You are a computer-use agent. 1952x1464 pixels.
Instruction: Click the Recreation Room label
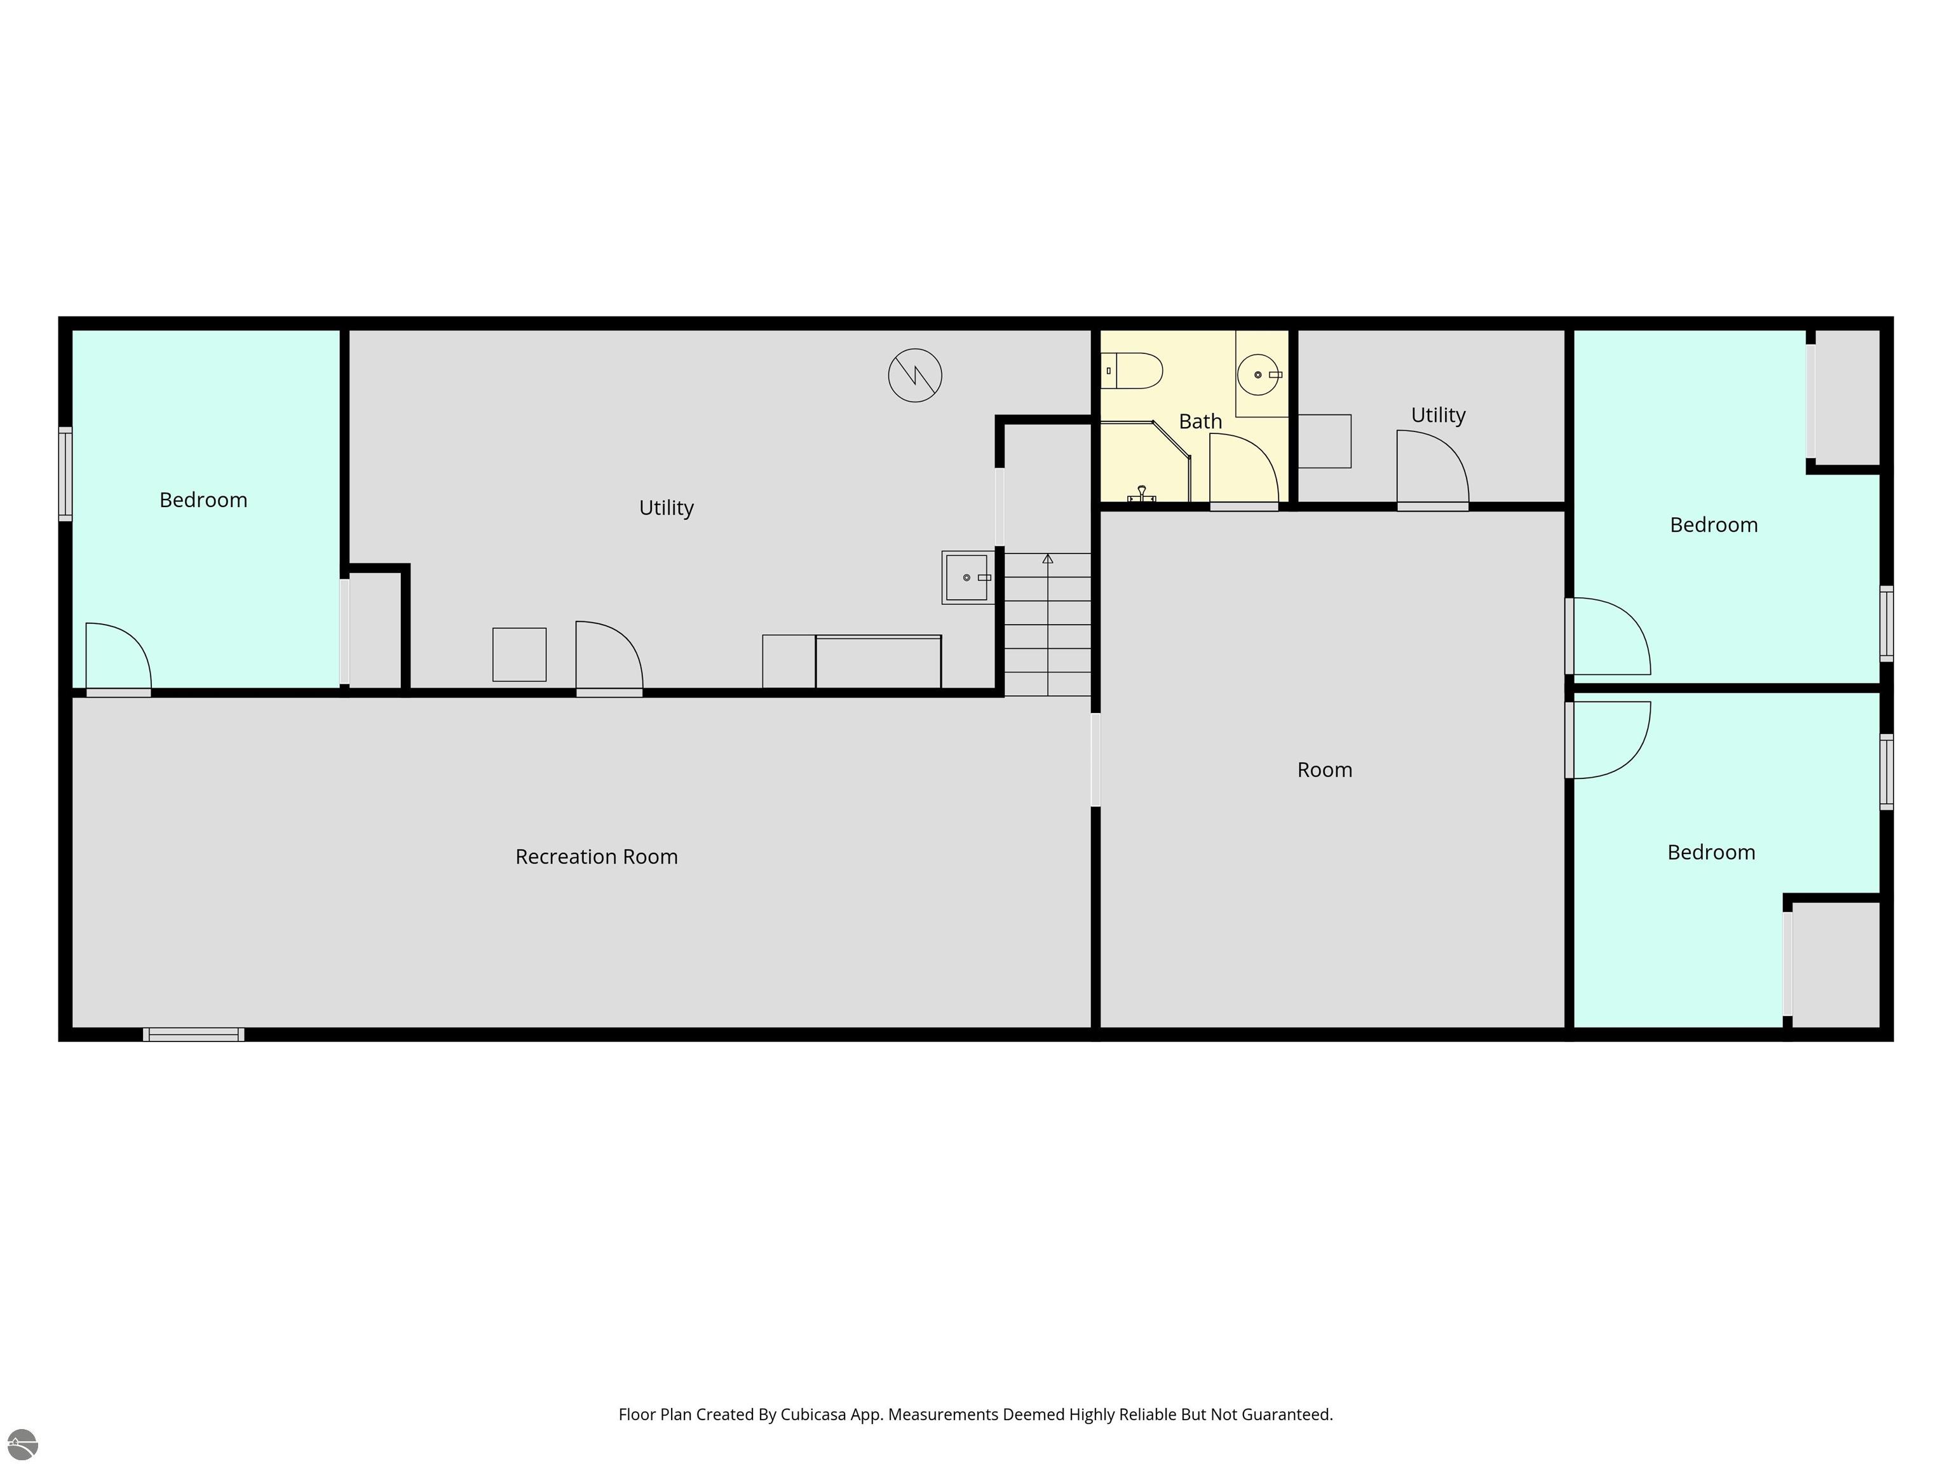pyautogui.click(x=597, y=857)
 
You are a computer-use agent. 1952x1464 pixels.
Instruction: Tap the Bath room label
pyautogui.click(x=1200, y=422)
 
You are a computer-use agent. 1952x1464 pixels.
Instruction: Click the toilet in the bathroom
pyautogui.click(x=1132, y=370)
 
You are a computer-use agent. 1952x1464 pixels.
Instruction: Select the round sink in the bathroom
pyautogui.click(x=1259, y=375)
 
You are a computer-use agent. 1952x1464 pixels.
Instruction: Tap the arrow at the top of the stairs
pyautogui.click(x=1047, y=559)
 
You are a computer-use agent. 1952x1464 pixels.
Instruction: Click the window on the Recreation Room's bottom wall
pyautogui.click(x=194, y=1034)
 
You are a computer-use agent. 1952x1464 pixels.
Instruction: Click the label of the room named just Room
pyautogui.click(x=1325, y=770)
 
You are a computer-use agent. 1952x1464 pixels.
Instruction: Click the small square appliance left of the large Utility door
pyautogui.click(x=519, y=654)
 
